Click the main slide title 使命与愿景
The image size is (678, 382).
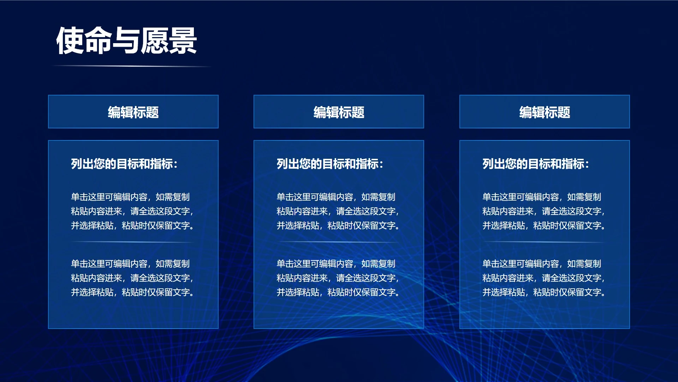coord(126,41)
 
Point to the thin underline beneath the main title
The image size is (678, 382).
coord(131,66)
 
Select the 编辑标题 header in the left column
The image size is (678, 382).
coord(133,112)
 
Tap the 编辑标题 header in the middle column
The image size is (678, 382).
coord(339,112)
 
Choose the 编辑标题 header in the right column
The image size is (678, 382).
coord(545,112)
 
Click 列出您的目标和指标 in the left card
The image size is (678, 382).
coord(124,164)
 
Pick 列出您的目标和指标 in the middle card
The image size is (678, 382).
coord(330,164)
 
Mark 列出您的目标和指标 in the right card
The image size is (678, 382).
coord(535,164)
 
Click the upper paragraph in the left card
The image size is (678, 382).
coord(132,211)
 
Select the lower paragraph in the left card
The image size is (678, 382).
coord(132,278)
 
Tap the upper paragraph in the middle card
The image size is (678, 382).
coord(338,211)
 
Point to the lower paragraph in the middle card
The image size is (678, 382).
coord(338,278)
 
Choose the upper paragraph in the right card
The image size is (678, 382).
coord(544,211)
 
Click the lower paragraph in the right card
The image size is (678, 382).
coord(544,278)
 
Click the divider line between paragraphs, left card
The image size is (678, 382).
coord(132,242)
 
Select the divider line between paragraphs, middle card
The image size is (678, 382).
coord(338,242)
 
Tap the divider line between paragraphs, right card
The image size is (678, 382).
coord(544,242)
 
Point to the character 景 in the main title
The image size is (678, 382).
coord(183,41)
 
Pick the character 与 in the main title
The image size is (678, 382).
coord(126,41)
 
